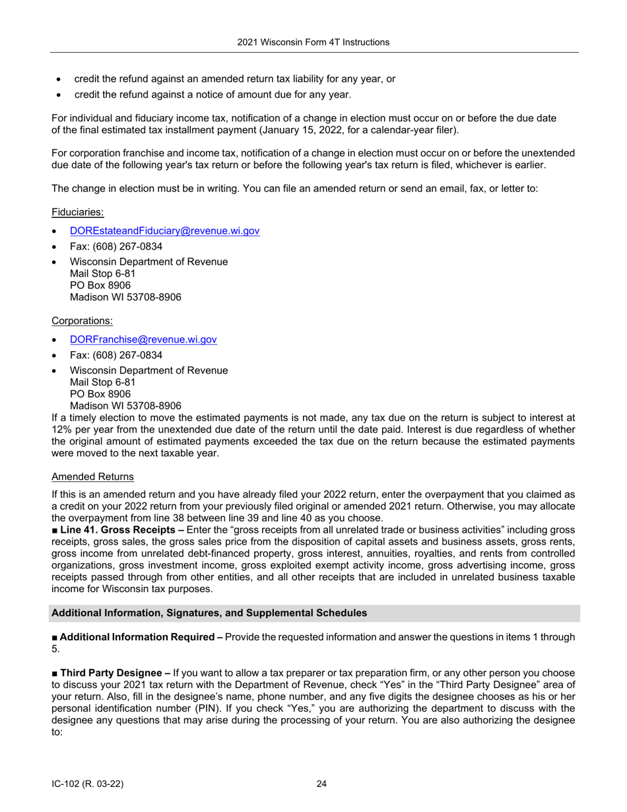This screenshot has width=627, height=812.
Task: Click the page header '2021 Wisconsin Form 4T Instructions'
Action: (x=313, y=42)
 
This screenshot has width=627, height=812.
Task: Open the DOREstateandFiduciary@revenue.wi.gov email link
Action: (x=164, y=231)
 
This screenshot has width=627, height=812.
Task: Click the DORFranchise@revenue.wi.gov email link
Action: (x=143, y=339)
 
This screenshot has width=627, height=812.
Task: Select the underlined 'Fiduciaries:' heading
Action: (x=77, y=212)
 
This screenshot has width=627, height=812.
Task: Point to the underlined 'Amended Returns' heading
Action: (x=92, y=476)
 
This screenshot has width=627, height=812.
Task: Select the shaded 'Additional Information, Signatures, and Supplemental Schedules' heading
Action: (x=209, y=613)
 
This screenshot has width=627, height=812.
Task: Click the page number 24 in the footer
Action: (x=321, y=784)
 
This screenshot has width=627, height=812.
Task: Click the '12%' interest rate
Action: (x=61, y=429)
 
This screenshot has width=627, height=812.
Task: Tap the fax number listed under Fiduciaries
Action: (x=116, y=246)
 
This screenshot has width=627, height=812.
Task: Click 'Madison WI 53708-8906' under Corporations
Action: (x=125, y=405)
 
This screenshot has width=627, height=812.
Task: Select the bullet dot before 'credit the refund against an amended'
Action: (x=59, y=79)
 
